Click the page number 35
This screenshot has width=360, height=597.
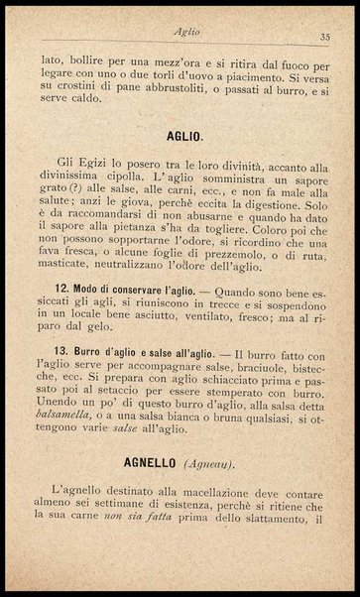coord(324,37)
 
